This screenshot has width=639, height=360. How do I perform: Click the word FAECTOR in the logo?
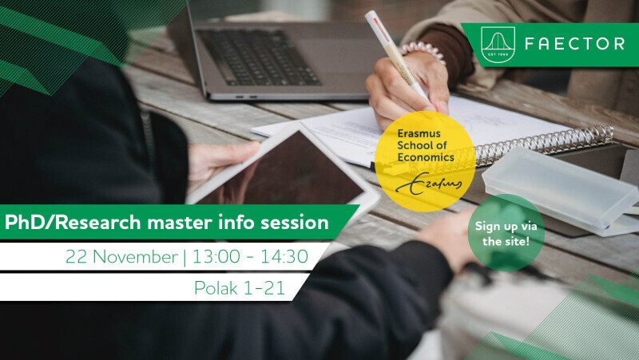tap(574, 44)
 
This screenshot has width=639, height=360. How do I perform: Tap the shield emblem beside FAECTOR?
tap(498, 45)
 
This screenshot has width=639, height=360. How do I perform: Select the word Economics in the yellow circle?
tap(426, 157)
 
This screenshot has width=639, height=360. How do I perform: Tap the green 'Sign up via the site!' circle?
tap(506, 233)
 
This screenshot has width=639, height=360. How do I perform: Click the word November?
tap(135, 257)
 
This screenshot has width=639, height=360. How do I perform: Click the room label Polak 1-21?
tap(239, 288)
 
